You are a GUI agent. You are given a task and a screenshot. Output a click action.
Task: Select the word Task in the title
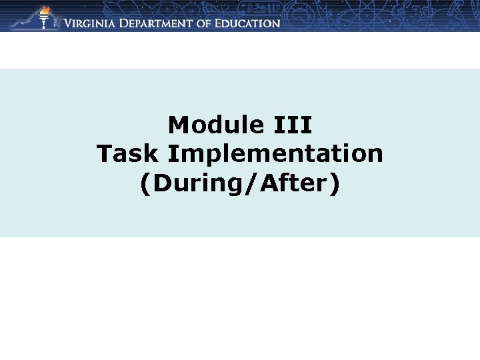[128, 154]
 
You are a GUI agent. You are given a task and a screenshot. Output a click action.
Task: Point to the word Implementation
[275, 155]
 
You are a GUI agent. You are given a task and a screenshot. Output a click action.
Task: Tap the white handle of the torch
[45, 23]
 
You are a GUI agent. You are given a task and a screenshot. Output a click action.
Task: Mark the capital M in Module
[177, 125]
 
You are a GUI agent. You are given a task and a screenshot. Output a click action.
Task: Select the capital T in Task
[105, 154]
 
